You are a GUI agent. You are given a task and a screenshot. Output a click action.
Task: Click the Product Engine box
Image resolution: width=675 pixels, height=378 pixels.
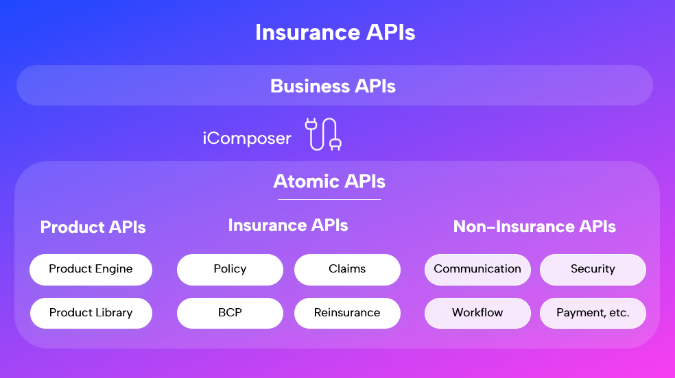(91, 269)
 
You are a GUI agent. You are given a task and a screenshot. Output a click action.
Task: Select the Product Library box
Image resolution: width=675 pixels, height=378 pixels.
(91, 313)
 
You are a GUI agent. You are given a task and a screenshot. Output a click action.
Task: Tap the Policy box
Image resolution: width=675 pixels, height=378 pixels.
(230, 269)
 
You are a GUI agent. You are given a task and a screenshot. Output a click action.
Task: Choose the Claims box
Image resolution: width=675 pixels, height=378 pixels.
(347, 269)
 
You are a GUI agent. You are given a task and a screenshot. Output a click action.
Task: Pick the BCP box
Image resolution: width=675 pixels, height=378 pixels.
(230, 313)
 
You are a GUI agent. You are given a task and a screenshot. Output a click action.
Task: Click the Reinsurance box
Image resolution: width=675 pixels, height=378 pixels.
(347, 313)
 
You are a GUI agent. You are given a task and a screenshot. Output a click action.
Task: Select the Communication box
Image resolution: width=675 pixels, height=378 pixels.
(477, 269)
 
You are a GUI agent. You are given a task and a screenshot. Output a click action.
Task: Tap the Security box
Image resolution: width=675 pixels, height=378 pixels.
(593, 269)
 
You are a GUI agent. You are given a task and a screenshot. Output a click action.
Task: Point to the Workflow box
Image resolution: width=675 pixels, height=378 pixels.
(477, 313)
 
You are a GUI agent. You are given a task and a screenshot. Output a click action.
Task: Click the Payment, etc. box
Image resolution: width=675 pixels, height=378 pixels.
(593, 313)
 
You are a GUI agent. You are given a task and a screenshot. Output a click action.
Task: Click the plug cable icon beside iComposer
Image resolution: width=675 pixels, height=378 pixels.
(323, 134)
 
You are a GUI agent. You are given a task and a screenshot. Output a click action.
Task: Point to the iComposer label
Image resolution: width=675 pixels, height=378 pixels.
(247, 138)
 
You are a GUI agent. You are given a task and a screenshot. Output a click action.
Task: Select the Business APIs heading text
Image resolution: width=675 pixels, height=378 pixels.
(333, 86)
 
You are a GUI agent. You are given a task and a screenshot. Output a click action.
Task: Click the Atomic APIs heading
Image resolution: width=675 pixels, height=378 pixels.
(329, 181)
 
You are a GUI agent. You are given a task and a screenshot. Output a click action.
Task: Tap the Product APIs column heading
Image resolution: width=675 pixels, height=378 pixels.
(93, 227)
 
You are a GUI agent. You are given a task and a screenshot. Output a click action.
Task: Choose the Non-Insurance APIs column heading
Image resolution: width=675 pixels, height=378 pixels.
(534, 227)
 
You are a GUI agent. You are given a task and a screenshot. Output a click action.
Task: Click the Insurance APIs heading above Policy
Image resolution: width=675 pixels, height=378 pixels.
(288, 225)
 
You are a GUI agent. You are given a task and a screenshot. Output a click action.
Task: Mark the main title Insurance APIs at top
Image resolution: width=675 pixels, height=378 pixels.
(335, 32)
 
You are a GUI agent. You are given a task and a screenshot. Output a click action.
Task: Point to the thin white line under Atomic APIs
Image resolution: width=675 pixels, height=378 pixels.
(329, 200)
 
